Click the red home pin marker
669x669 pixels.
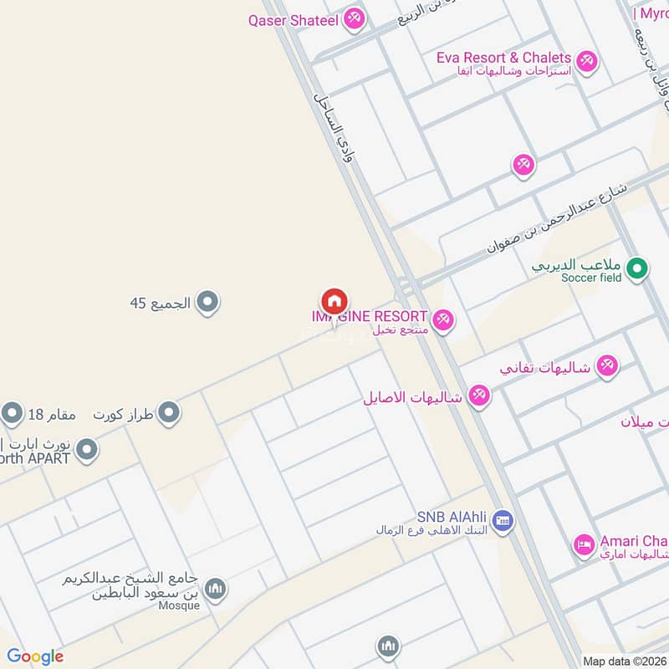pyautogui.click(x=334, y=302)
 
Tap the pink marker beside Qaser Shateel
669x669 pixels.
pyautogui.click(x=355, y=18)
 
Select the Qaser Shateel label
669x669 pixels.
pyautogui.click(x=293, y=19)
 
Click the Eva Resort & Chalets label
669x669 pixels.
pyautogui.click(x=503, y=58)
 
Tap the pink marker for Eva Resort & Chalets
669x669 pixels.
pyautogui.click(x=587, y=61)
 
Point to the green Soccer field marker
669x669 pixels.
pyautogui.click(x=638, y=268)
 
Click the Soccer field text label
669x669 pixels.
pyautogui.click(x=591, y=278)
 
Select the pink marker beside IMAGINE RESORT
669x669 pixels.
pyautogui.click(x=443, y=318)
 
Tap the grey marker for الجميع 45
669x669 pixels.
pyautogui.click(x=207, y=302)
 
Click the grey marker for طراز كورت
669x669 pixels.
pyautogui.click(x=169, y=412)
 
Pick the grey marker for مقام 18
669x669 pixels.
pyautogui.click(x=12, y=412)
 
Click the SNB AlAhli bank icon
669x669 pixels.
pyautogui.click(x=503, y=521)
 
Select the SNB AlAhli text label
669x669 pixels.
pyautogui.click(x=452, y=517)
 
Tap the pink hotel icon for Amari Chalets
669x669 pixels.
pyautogui.click(x=584, y=545)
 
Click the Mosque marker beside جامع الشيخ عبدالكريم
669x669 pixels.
pyautogui.click(x=216, y=590)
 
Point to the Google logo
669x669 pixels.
pyautogui.click(x=35, y=656)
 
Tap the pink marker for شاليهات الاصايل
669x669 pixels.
pyautogui.click(x=478, y=395)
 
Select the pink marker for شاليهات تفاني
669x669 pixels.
pyautogui.click(x=607, y=365)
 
